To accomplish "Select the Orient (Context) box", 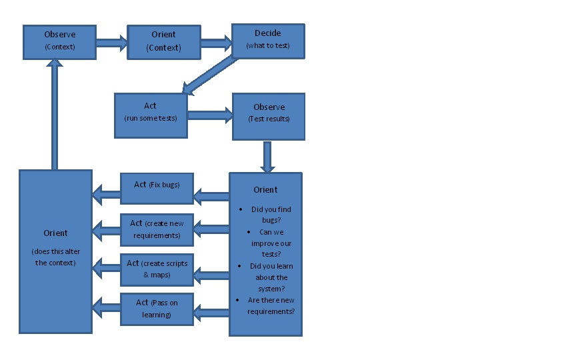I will click(x=164, y=41).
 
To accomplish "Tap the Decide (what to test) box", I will click(x=268, y=39).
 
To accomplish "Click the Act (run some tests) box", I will click(x=150, y=112).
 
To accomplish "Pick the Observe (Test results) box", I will click(x=268, y=116).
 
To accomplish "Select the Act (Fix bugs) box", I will click(x=157, y=188).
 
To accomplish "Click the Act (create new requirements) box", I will click(x=157, y=229).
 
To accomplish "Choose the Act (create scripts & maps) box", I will click(x=157, y=269).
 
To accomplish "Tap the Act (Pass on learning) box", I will click(x=157, y=308).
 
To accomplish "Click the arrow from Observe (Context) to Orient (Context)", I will click(x=111, y=43).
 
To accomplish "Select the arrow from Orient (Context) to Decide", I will click(x=215, y=43).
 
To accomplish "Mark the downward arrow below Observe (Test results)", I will click(x=268, y=156).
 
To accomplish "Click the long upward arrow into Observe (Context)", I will click(x=55, y=113).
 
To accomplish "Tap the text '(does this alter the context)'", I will click(x=55, y=257).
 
